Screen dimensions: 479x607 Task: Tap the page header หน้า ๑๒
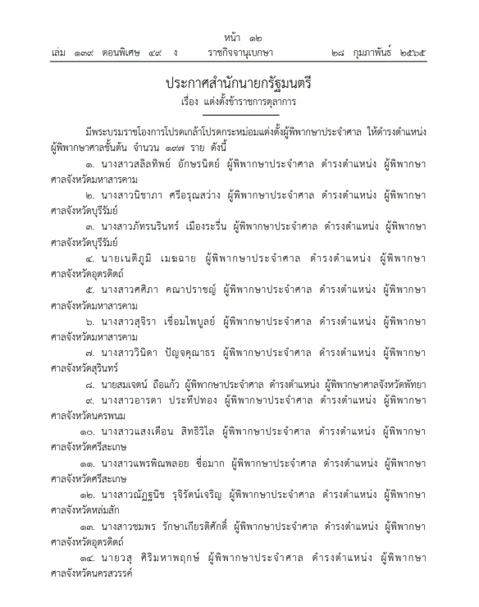[x=239, y=38]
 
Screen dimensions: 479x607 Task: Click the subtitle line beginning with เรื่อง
[x=239, y=105]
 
